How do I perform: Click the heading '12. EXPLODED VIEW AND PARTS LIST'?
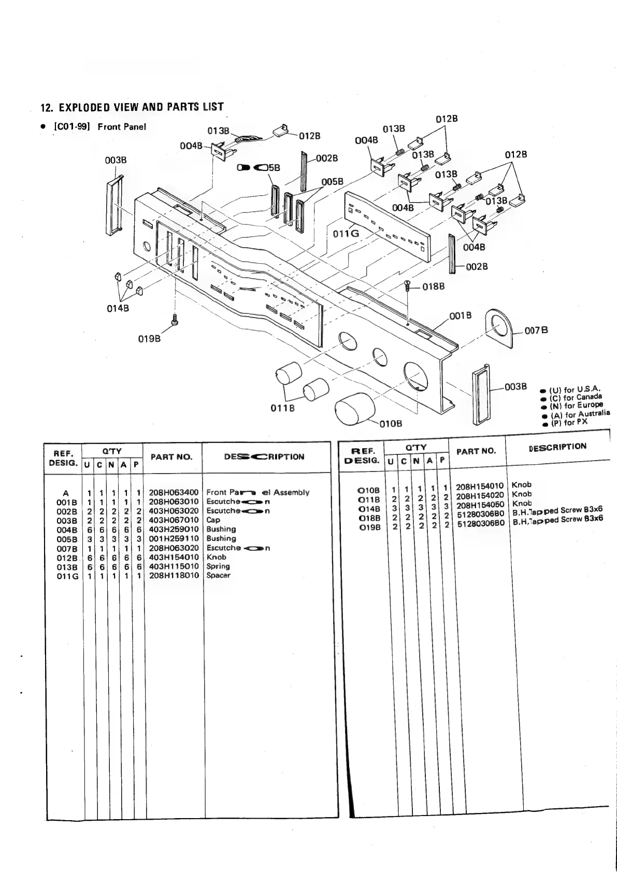132,107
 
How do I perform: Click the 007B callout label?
536,331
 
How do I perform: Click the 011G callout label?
346,234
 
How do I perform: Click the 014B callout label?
119,308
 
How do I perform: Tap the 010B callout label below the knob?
391,424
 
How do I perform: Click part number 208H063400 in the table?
174,492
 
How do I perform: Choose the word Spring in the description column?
218,566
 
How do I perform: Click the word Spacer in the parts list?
218,575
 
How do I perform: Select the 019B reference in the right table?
369,527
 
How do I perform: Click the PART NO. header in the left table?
171,457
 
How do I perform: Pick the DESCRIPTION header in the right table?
557,447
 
